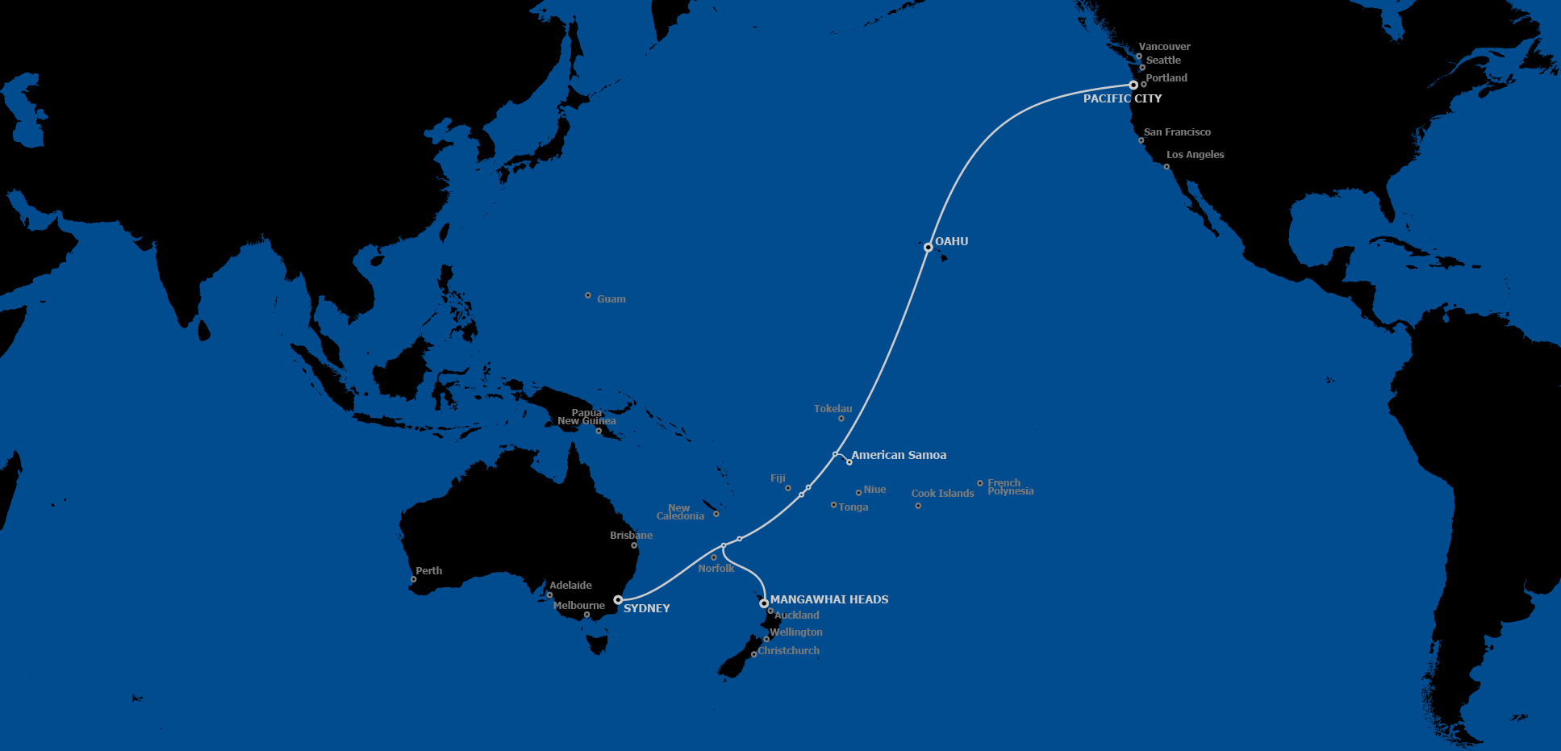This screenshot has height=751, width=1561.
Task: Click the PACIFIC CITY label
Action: [1122, 98]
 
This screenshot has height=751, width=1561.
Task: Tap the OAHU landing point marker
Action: [928, 247]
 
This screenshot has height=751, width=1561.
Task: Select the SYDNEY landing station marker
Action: [618, 600]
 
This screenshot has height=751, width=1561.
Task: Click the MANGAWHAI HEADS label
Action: [829, 599]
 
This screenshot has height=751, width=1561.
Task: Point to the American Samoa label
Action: [899, 455]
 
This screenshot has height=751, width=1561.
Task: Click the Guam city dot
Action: [587, 295]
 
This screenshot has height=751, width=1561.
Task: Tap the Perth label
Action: [428, 570]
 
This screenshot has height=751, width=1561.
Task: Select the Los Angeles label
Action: [1195, 154]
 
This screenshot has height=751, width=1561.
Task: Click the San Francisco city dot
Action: [1141, 140]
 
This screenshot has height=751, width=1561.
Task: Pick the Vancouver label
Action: [1164, 47]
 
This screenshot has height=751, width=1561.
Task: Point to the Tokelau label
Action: [833, 409]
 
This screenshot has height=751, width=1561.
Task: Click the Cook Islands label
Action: [942, 494]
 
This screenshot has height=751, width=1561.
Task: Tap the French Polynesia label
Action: [1010, 487]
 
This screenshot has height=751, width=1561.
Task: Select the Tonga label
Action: [853, 507]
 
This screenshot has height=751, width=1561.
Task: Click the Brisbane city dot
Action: [634, 545]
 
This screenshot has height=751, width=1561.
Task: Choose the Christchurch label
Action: [788, 651]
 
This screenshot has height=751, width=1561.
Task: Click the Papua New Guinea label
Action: [586, 417]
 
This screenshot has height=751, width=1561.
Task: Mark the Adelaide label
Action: [570, 586]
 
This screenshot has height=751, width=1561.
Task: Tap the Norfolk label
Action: [716, 569]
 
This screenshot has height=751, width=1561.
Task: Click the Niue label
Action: [874, 490]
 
